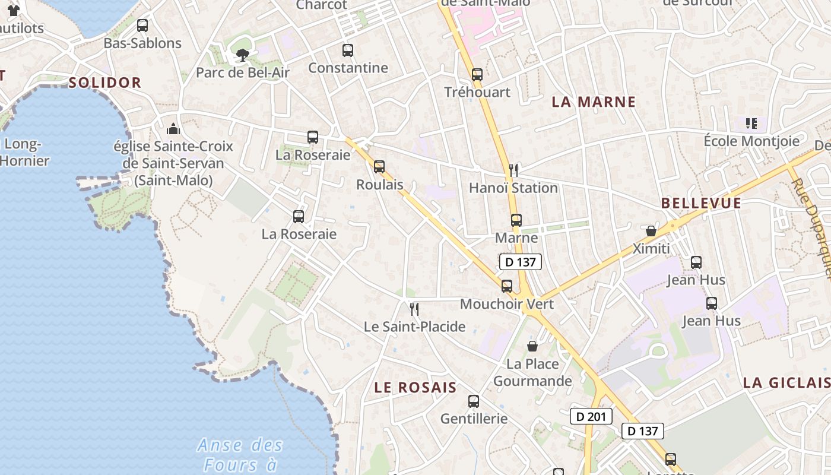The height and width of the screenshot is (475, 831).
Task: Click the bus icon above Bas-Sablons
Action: [142, 26]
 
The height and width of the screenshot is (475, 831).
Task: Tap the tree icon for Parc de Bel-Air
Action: [242, 55]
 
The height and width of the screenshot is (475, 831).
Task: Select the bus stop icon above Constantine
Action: [348, 50]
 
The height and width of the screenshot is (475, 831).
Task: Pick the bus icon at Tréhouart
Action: [477, 75]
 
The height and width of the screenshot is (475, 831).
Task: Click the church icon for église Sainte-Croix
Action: [173, 128]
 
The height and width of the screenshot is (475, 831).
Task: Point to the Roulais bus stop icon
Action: [379, 167]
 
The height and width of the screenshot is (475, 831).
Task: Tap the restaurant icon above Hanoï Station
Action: [513, 170]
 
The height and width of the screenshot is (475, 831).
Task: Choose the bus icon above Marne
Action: [516, 220]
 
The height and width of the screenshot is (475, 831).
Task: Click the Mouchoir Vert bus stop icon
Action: [507, 286]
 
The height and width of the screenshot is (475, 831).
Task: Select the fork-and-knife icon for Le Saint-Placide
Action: [414, 309]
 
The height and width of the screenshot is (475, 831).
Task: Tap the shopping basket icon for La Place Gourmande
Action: [532, 346]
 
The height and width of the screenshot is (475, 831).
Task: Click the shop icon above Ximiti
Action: [651, 230]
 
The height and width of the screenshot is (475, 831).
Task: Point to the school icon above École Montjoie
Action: [751, 123]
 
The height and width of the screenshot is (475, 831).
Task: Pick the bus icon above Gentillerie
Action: [474, 401]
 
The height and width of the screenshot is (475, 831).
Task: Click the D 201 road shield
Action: [591, 416]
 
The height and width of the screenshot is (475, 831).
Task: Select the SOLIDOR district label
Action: [105, 83]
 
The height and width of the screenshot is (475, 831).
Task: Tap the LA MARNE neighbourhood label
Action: [594, 102]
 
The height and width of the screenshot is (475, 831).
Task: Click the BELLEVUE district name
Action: [701, 203]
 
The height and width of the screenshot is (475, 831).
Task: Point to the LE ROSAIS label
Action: [415, 388]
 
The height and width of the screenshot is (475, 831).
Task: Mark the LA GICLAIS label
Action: [786, 383]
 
